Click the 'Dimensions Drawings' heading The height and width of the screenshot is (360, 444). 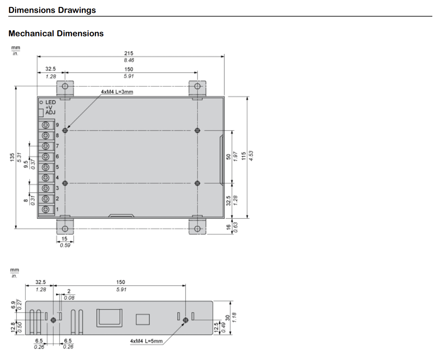[x=52, y=10]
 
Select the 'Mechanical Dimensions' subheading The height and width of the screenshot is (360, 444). [x=56, y=33]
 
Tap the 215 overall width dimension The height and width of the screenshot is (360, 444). [x=129, y=53]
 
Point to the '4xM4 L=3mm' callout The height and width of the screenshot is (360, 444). [x=117, y=92]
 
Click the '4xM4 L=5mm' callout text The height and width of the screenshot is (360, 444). [x=146, y=341]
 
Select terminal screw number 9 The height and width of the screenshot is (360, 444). [x=45, y=125]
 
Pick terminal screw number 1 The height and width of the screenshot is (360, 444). [x=45, y=209]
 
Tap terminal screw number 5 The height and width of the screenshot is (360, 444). [x=45, y=167]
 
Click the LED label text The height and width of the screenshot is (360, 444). [x=50, y=102]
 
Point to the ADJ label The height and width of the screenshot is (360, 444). [x=50, y=112]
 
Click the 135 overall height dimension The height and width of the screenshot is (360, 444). [x=12, y=157]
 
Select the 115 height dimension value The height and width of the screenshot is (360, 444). [x=244, y=156]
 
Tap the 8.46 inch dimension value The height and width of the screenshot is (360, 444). [x=129, y=60]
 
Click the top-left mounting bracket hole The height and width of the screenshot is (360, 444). [x=65, y=86]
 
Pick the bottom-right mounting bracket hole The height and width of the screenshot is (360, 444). [x=197, y=229]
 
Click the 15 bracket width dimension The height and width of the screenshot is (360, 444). [x=65, y=239]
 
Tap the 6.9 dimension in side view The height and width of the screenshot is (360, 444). [x=13, y=305]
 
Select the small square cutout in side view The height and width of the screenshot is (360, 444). [x=142, y=319]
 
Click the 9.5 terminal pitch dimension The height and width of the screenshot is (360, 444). [x=26, y=164]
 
